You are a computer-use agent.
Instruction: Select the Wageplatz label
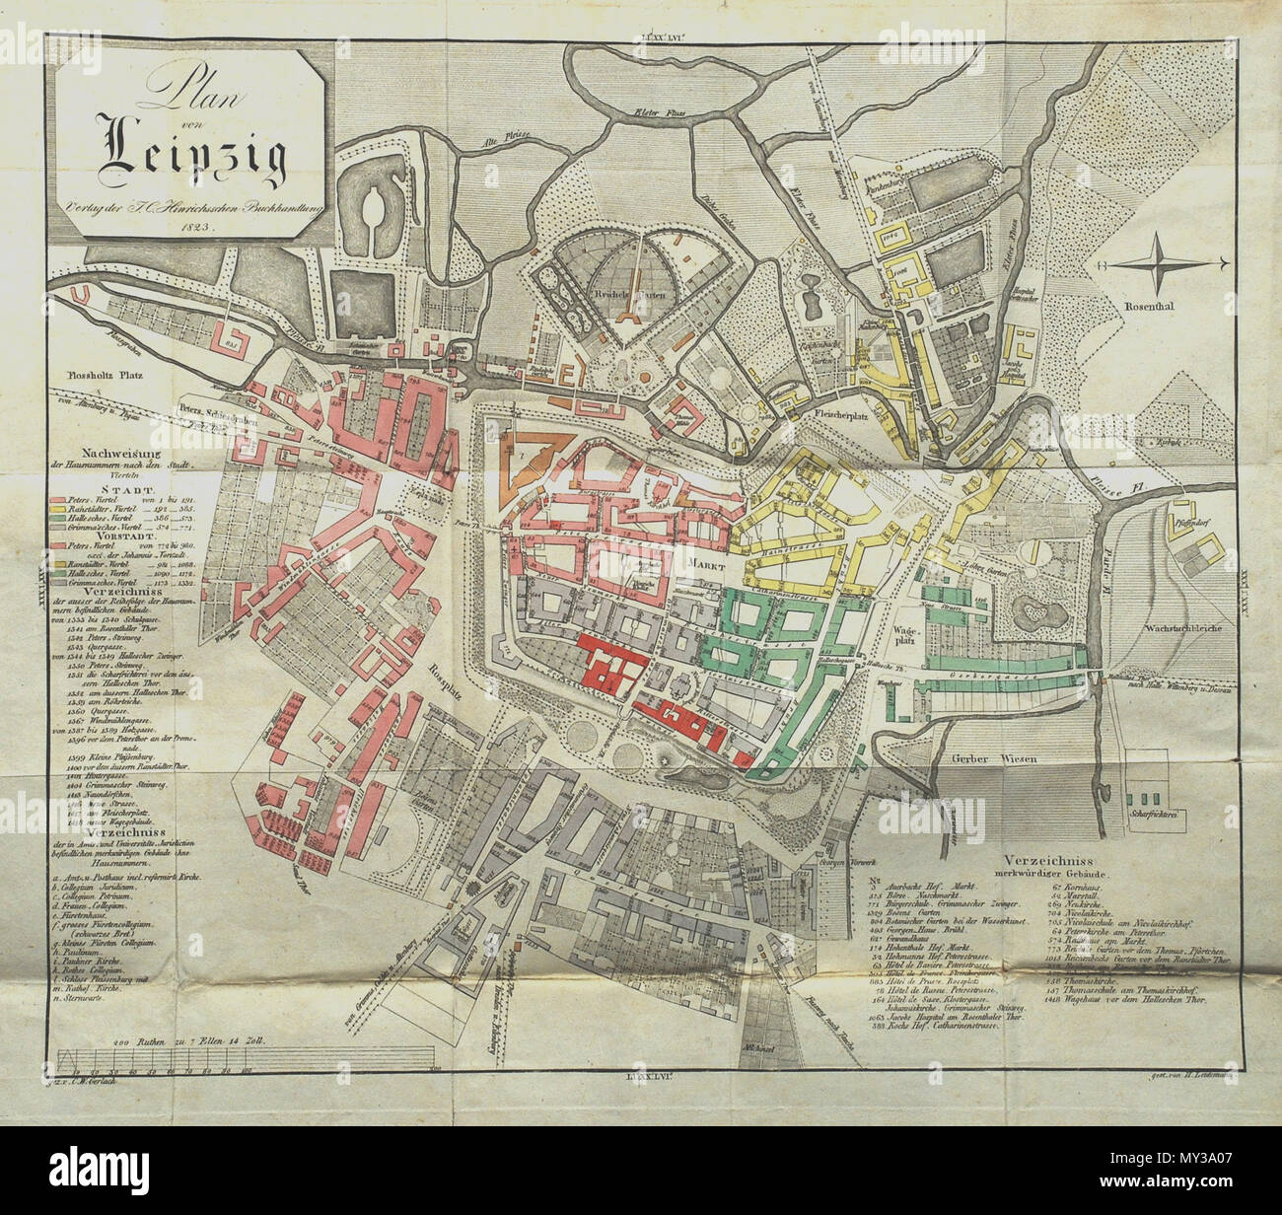(x=904, y=631)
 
